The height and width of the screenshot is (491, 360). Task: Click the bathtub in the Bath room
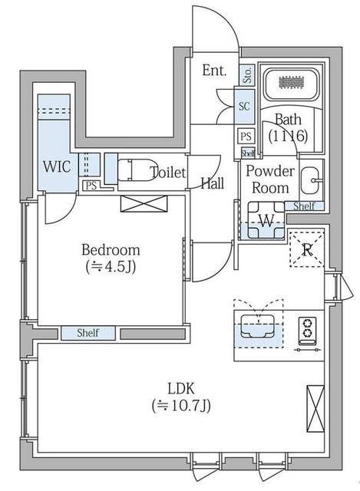coord(291,84)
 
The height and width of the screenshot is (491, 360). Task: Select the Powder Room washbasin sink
coord(310,181)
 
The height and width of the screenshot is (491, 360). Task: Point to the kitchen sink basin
coord(258,326)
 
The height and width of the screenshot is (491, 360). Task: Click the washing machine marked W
coord(266,220)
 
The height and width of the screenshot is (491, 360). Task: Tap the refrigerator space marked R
coord(307,249)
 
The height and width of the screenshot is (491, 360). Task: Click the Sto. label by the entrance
coord(247,75)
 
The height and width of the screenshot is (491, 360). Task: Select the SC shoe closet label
coord(244,106)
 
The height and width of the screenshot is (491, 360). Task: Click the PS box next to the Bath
coord(246,137)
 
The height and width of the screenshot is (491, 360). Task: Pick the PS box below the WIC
coord(91,186)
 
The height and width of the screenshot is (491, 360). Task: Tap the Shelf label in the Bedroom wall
coord(88,332)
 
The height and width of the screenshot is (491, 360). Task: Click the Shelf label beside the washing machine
coord(304,206)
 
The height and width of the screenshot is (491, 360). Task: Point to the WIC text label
coord(57,166)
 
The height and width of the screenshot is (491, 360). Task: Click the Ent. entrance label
coord(214,70)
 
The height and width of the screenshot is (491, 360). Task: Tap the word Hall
coord(213,183)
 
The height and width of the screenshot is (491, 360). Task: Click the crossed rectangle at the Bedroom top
coord(144,203)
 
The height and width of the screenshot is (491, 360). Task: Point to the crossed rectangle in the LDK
coord(315,409)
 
